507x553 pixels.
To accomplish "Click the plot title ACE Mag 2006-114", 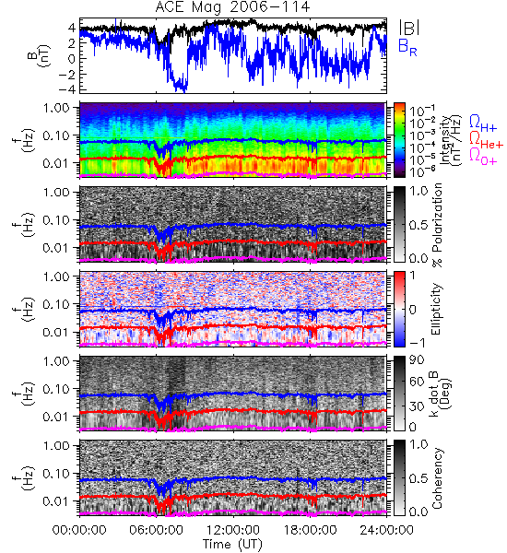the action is click(232, 6).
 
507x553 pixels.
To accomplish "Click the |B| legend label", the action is click(409, 28).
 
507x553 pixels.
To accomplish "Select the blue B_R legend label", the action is click(407, 47).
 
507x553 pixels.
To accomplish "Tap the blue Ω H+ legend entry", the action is click(483, 124).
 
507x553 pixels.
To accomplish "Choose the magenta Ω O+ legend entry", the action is click(483, 157).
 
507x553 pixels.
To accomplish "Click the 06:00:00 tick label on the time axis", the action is click(156, 530).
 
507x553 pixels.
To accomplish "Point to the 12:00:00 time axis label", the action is click(233, 530).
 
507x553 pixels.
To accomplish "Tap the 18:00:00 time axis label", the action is click(310, 530).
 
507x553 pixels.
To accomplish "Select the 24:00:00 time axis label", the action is click(386, 530).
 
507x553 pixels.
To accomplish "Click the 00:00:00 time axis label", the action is click(79, 530).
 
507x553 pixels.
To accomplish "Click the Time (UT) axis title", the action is click(232, 545).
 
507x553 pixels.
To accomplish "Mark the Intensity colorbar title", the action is click(452, 140).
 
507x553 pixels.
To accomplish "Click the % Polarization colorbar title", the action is click(437, 225).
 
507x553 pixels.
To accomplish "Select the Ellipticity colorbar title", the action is click(436, 309).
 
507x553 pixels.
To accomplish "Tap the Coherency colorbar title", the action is click(437, 478).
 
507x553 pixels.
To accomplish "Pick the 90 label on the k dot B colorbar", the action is click(417, 360).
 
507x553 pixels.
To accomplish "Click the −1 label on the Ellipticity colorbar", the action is click(418, 343).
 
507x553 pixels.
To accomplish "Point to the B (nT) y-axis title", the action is click(41, 55).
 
